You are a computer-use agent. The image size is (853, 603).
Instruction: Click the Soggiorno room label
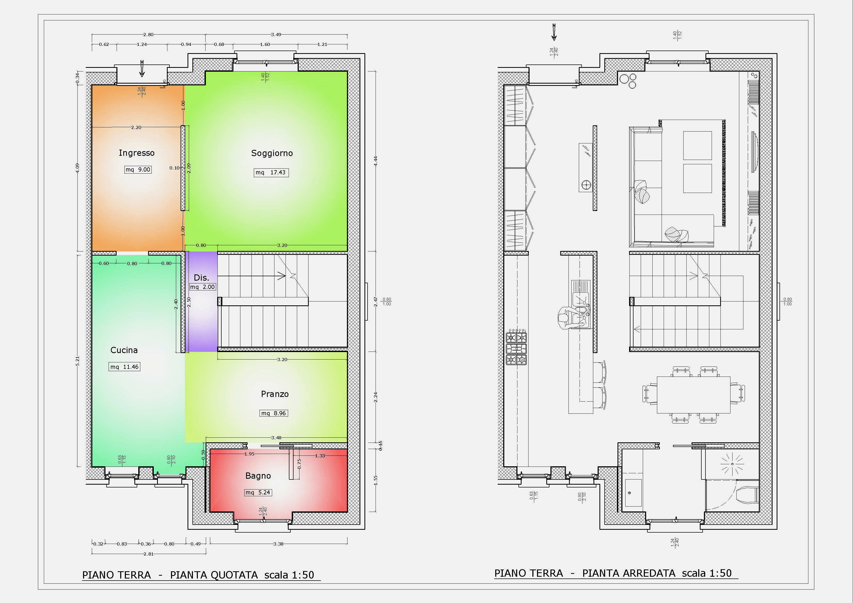point(272,153)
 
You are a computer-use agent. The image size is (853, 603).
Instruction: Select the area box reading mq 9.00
point(138,170)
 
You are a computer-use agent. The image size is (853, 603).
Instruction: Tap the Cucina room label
point(124,350)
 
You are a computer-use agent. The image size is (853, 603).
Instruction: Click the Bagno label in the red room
point(258,476)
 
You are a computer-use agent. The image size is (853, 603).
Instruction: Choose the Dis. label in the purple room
point(201,278)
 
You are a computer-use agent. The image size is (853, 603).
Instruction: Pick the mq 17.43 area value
point(271,172)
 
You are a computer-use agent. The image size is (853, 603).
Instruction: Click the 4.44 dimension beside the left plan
point(376,161)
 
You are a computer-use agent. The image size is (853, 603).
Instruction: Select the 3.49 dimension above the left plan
point(276,35)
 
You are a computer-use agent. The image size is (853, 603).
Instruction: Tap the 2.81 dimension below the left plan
point(148,554)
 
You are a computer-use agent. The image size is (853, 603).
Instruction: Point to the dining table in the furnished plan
point(694,395)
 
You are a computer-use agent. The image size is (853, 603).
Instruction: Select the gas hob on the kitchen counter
point(516,348)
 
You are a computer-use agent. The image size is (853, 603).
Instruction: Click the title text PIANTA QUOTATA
point(214,575)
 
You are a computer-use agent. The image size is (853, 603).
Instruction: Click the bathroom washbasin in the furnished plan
point(633,493)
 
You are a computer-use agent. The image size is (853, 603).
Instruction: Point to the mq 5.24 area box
point(258,493)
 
